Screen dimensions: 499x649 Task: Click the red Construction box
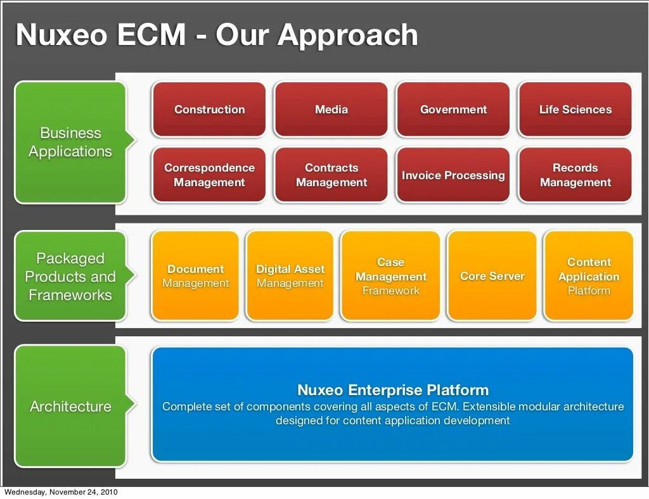coord(209,110)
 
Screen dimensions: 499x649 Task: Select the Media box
coord(331,110)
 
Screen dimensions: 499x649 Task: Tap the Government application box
coord(453,110)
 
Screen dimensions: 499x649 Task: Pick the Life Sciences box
coord(575,110)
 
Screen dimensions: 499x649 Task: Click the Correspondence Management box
coord(209,175)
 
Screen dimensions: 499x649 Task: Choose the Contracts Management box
coord(331,175)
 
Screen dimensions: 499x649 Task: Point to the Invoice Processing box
coord(453,175)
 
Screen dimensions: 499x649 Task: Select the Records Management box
coord(575,175)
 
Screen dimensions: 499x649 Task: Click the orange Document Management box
coord(195,276)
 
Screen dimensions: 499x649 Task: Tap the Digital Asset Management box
coord(290,276)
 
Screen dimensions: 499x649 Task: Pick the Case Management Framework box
coord(390,276)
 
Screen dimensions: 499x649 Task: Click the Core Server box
coord(492,276)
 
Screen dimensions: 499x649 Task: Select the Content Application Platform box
coord(588,276)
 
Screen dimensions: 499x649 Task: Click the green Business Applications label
coord(70,142)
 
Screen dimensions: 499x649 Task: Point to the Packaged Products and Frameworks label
coord(70,277)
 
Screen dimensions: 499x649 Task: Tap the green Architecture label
coord(70,407)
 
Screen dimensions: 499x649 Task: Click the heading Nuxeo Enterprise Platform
coord(393,389)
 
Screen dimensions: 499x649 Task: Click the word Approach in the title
coord(348,35)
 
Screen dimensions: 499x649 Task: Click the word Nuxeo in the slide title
coord(61,34)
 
